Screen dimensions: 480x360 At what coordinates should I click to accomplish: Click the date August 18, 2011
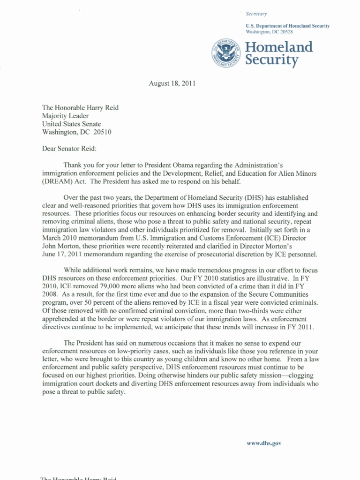[x=172, y=84]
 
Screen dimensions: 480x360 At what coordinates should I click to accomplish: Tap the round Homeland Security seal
[x=226, y=53]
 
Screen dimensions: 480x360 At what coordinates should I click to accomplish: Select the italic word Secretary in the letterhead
[x=256, y=14]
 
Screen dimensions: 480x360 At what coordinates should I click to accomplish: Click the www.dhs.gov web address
[x=264, y=443]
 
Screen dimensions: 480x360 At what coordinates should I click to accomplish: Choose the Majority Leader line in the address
[x=65, y=116]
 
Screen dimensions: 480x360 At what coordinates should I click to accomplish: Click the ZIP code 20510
[x=103, y=132]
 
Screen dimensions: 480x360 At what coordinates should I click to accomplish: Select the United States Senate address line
[x=71, y=124]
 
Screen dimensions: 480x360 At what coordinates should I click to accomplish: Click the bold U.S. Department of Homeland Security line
[x=287, y=26]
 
